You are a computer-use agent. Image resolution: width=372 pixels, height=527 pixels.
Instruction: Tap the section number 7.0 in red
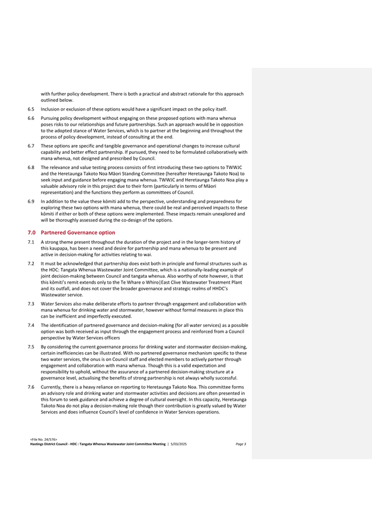pyautogui.click(x=32, y=232)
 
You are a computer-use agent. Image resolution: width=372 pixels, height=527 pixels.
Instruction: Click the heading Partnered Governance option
pyautogui.click(x=78, y=232)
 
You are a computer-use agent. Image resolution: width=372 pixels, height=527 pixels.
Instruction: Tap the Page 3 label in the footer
pyautogui.click(x=241, y=444)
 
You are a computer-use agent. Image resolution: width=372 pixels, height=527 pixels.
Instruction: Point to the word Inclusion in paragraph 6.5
pyautogui.click(x=51, y=109)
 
